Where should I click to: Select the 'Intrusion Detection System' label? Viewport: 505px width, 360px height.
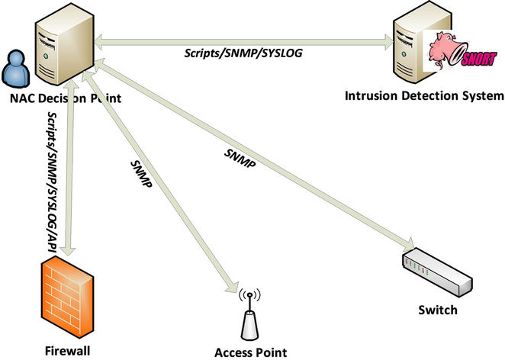424,96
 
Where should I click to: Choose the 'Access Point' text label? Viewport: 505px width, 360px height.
250,352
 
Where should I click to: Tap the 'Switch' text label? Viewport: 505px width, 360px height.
437,310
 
